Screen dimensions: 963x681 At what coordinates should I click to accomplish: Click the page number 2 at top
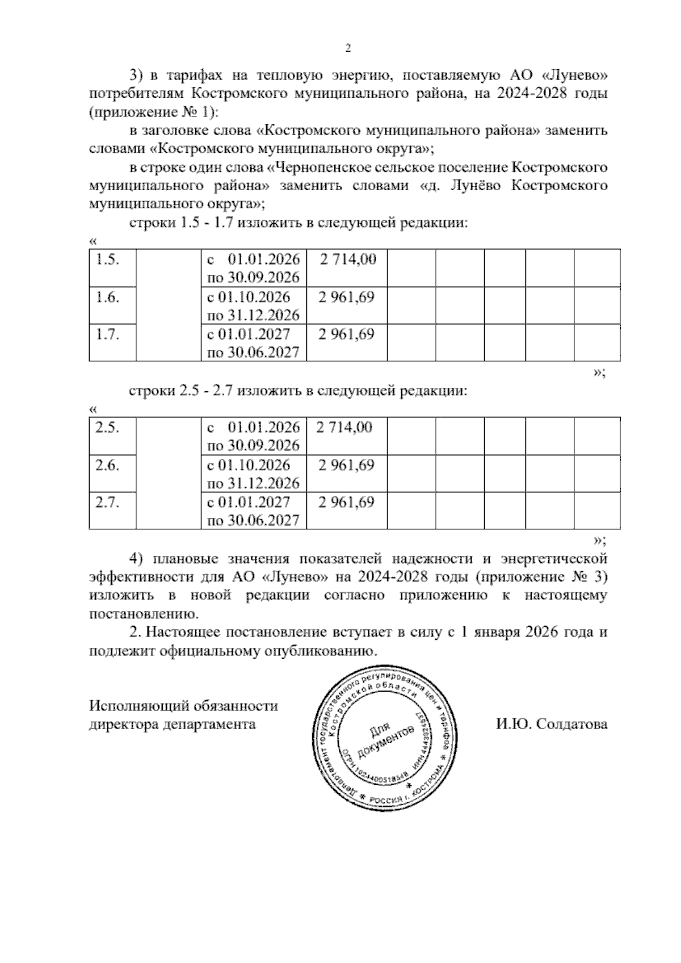tap(348, 49)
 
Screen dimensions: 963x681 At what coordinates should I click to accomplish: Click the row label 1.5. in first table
tap(107, 260)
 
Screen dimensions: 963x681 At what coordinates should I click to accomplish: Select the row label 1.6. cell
tap(107, 298)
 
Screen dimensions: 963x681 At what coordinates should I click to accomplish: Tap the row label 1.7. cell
tap(107, 334)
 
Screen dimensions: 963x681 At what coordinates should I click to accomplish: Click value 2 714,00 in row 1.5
tap(347, 260)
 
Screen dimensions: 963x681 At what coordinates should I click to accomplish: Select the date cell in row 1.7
tap(253, 343)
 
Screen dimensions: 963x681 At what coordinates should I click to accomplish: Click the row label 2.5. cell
tap(107, 428)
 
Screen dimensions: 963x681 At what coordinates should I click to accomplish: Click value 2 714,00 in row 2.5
tap(344, 428)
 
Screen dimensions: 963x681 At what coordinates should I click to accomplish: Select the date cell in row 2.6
tap(253, 474)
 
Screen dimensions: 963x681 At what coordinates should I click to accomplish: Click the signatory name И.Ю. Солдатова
tap(551, 725)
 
